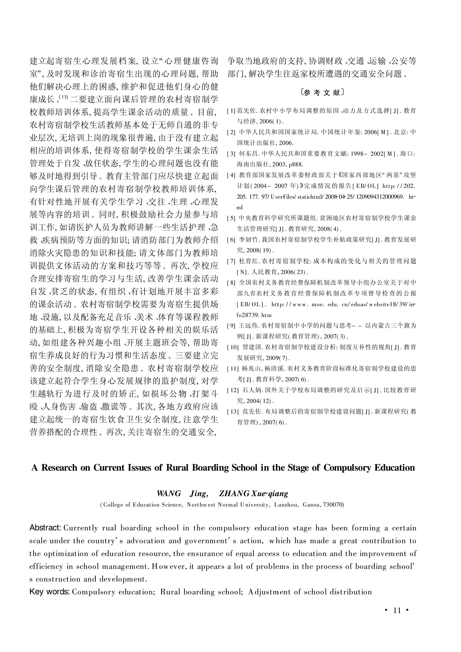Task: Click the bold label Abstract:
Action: pyautogui.click(x=45, y=528)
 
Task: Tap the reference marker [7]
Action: pyautogui.click(x=231, y=261)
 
